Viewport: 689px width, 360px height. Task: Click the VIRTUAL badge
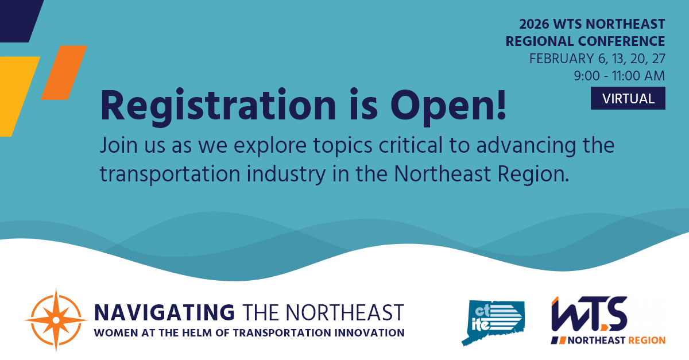(x=628, y=98)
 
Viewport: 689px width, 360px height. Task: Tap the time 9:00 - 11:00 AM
(x=619, y=75)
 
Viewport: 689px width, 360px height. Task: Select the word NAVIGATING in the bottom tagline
(x=164, y=313)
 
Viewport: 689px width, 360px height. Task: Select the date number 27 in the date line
(x=656, y=59)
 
